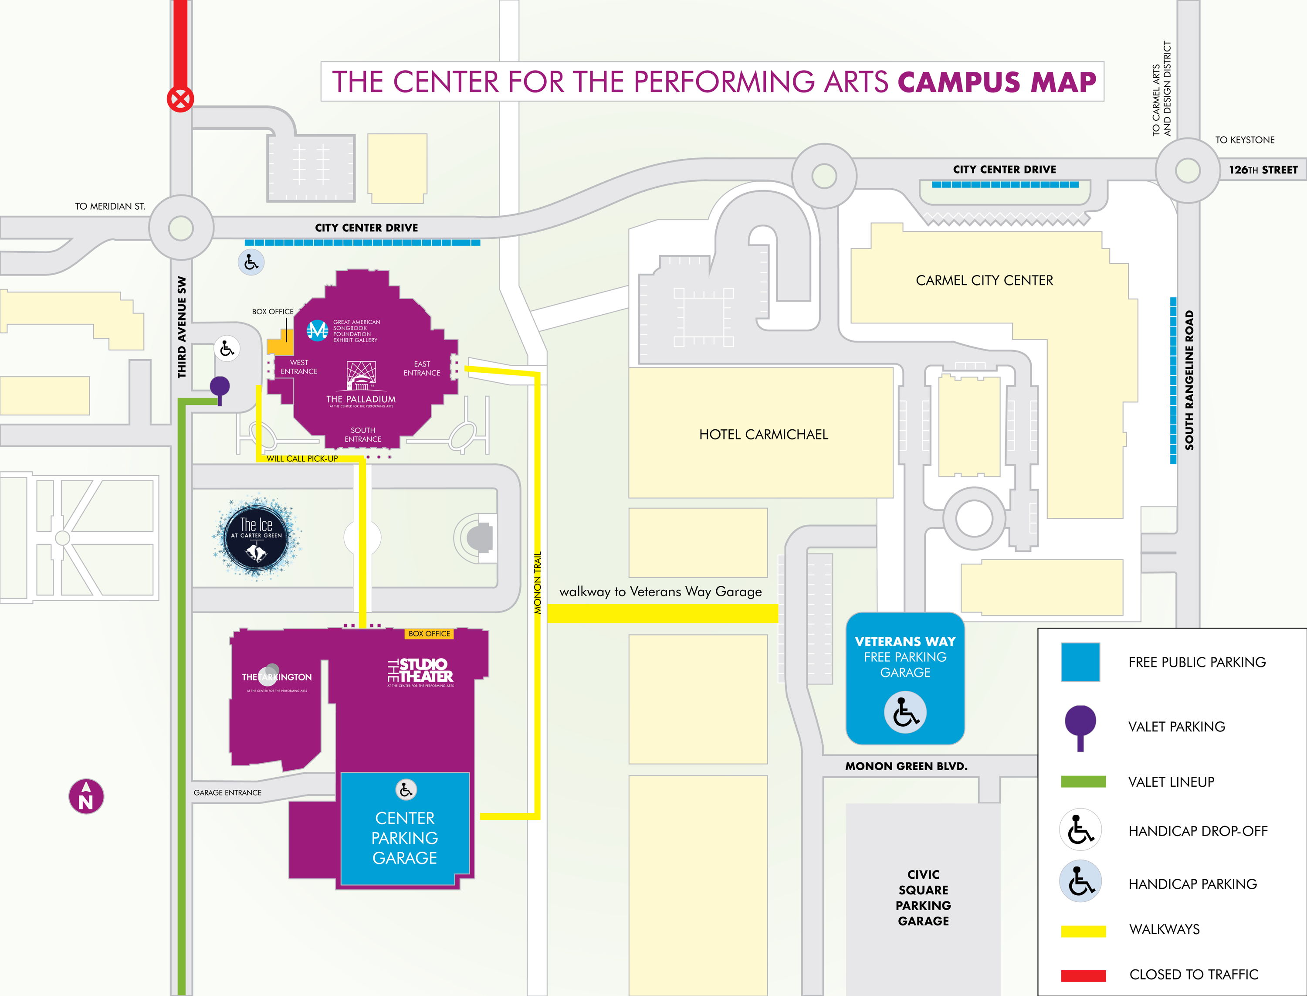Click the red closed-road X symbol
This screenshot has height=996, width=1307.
pyautogui.click(x=180, y=99)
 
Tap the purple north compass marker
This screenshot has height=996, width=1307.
pyautogui.click(x=87, y=796)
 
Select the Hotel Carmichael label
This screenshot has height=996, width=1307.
pyautogui.click(x=763, y=435)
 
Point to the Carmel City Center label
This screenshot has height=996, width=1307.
pyautogui.click(x=984, y=280)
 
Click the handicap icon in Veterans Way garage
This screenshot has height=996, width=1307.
pyautogui.click(x=905, y=713)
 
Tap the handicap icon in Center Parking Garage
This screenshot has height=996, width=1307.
pyautogui.click(x=406, y=790)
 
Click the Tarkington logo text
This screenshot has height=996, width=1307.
pyautogui.click(x=277, y=677)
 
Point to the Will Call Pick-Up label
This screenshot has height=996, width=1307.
pyautogui.click(x=302, y=458)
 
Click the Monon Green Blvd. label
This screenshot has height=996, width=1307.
pyautogui.click(x=906, y=766)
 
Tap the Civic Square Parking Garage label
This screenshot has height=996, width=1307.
pyautogui.click(x=923, y=897)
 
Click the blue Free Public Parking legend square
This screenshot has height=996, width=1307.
pyautogui.click(x=1080, y=662)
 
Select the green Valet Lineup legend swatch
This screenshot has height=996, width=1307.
pyautogui.click(x=1083, y=782)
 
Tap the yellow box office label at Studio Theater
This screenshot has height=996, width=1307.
pyautogui.click(x=429, y=634)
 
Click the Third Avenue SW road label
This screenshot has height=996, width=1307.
pyautogui.click(x=182, y=327)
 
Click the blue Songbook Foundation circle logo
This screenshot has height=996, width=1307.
pyautogui.click(x=317, y=330)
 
